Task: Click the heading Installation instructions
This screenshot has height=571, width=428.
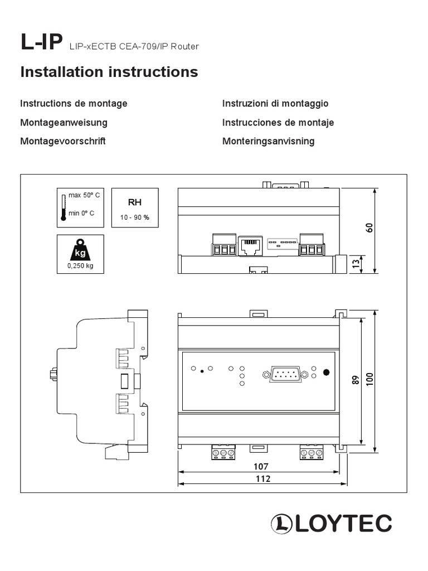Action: tap(109, 72)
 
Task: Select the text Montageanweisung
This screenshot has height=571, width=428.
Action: tap(64, 122)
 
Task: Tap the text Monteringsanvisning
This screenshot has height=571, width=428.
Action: tap(268, 141)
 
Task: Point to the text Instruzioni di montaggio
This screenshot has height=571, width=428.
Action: tap(275, 103)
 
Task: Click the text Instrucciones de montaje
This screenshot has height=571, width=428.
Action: tap(278, 122)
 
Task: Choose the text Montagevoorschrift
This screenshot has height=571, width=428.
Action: tap(62, 141)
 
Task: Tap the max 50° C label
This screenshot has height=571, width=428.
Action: tap(84, 196)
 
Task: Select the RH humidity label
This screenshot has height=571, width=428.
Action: tap(135, 202)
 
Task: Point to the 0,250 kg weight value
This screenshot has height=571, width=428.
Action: tap(80, 266)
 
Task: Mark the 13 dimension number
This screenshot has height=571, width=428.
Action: tap(355, 264)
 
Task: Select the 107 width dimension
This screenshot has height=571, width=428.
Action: tap(261, 466)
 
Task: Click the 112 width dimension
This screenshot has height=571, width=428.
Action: tap(262, 479)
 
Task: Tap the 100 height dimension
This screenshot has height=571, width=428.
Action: tap(369, 380)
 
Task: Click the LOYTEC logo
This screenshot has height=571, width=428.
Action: tap(331, 523)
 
